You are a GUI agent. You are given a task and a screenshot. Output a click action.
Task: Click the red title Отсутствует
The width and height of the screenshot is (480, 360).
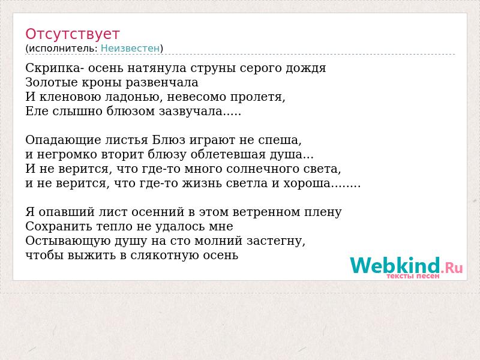pos(72,34)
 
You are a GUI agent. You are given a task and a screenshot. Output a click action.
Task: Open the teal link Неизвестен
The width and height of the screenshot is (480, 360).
pos(130,49)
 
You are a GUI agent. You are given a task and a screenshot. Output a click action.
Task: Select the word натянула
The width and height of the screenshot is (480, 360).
pos(157,68)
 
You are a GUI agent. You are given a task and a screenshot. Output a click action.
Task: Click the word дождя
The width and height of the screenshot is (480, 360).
pos(306,68)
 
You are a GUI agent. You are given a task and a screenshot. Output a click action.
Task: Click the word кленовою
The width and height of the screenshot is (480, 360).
pos(70,97)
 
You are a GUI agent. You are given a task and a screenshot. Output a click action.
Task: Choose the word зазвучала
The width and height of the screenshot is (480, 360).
pos(190,111)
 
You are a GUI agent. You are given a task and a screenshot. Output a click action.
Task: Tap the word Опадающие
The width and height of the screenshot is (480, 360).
pos(64,140)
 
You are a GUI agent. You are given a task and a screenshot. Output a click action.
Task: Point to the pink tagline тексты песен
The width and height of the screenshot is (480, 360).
pos(413,276)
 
